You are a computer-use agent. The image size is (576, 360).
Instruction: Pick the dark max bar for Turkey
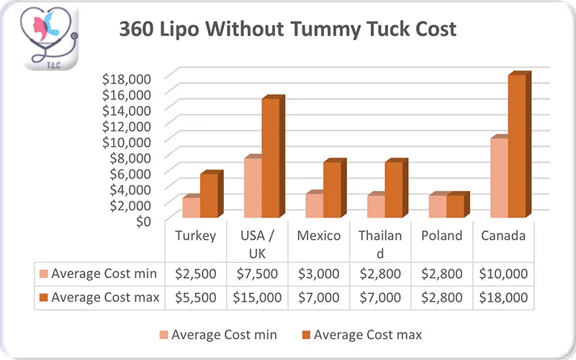click(x=209, y=195)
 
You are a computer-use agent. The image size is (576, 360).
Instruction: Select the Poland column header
click(x=441, y=236)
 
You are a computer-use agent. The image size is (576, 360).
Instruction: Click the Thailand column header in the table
click(x=380, y=244)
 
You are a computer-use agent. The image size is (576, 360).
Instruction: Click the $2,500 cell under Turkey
click(x=196, y=274)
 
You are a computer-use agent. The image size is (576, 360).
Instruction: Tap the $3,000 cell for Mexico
click(x=318, y=274)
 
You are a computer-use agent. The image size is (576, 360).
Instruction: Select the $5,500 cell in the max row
click(x=196, y=297)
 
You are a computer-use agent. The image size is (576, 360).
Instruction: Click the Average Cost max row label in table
click(x=105, y=297)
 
